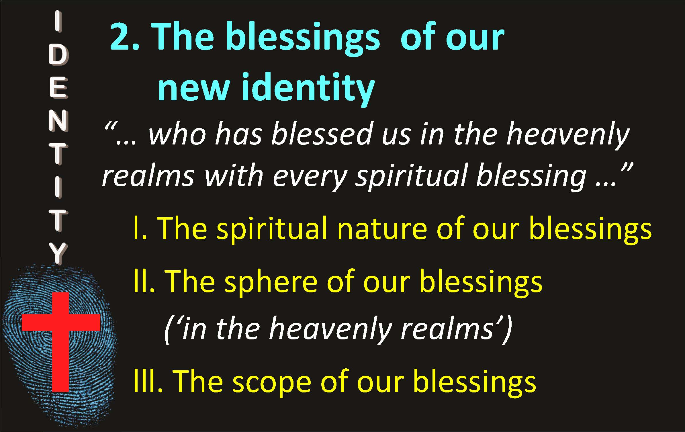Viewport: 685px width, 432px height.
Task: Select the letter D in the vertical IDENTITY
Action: [58, 56]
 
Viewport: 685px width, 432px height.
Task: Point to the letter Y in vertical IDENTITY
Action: [58, 254]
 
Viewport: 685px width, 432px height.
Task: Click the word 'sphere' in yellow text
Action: [271, 282]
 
